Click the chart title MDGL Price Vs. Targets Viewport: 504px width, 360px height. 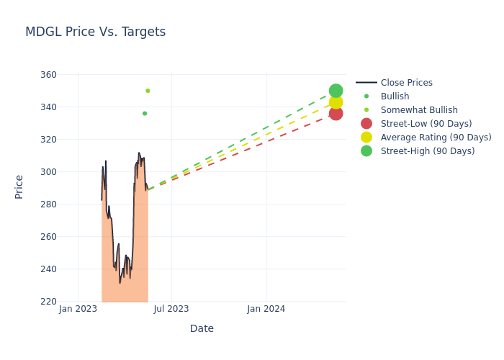(95, 32)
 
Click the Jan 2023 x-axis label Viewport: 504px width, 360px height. (78, 309)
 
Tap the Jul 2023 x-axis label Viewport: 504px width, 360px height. (171, 309)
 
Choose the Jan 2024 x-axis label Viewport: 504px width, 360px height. (266, 309)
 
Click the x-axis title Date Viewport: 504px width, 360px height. (202, 328)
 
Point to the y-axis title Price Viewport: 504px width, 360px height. (19, 186)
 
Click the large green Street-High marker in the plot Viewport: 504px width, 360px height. (336, 91)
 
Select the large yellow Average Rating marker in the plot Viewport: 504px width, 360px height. (336, 102)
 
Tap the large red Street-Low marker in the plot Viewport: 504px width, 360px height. (336, 113)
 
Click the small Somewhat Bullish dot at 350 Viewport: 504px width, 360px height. (148, 91)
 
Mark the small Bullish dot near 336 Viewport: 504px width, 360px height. (145, 113)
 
